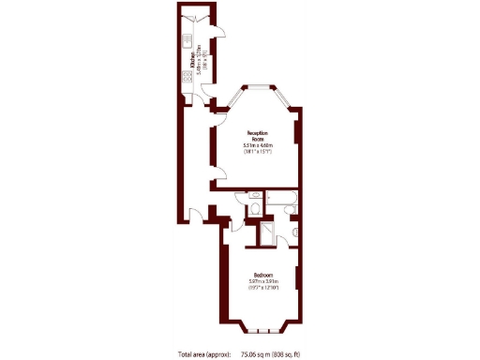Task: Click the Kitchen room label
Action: click(x=192, y=57)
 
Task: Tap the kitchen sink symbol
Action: click(x=187, y=43)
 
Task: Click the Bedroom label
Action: click(x=262, y=274)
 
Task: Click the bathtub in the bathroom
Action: click(x=281, y=198)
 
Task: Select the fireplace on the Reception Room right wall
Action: click(x=297, y=132)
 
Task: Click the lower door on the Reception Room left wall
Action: click(x=217, y=172)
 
